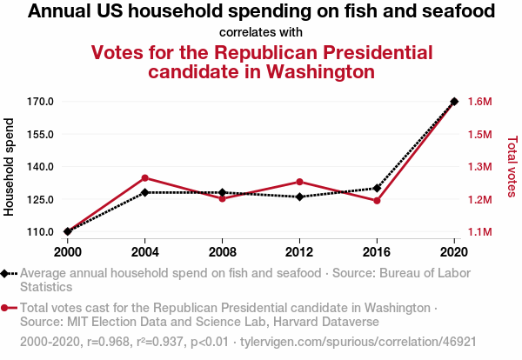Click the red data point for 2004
(x=144, y=178)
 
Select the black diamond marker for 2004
(x=144, y=192)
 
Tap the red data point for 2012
(x=299, y=182)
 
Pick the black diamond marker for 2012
(x=299, y=197)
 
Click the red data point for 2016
(x=377, y=201)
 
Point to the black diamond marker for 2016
(x=377, y=188)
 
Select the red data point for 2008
(x=222, y=198)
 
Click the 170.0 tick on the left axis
(x=41, y=102)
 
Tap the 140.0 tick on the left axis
(x=41, y=167)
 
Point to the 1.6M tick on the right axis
(x=479, y=102)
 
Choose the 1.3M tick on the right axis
(x=479, y=167)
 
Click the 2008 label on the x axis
(x=222, y=251)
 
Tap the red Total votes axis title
(x=512, y=165)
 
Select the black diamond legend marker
(x=6, y=273)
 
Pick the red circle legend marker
(x=6, y=308)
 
